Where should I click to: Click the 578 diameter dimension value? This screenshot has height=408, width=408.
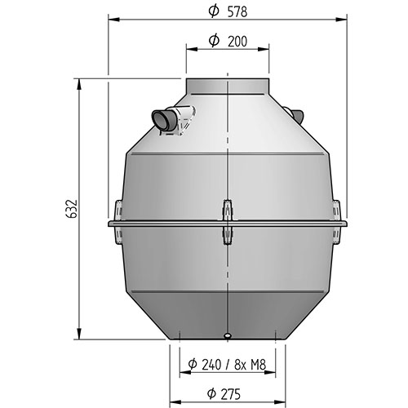(x=237, y=12)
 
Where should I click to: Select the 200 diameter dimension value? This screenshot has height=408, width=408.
(x=237, y=42)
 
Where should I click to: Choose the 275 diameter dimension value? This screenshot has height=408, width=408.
(x=230, y=394)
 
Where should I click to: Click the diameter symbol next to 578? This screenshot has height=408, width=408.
(x=214, y=11)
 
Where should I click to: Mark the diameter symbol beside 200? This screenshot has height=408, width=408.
(x=214, y=41)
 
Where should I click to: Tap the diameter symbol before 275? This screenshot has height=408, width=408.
(x=211, y=393)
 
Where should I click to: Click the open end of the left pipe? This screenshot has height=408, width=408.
(x=160, y=120)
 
